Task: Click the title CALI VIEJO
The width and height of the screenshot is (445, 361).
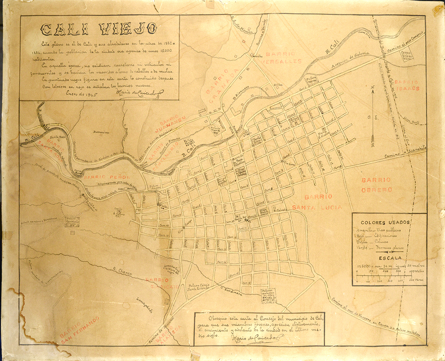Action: pos(99,29)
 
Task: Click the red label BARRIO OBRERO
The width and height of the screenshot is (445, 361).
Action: pos(377,185)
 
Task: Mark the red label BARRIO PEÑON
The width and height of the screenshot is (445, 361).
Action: pos(107,177)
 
